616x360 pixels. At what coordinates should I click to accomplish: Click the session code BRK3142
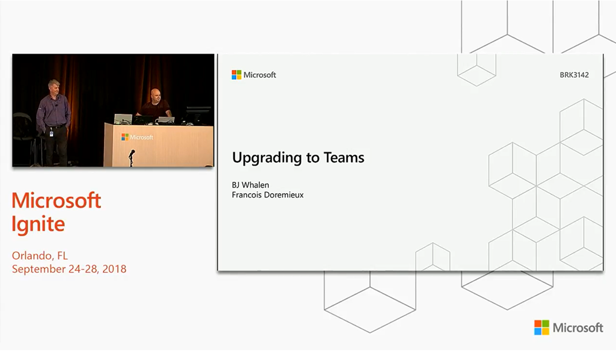tap(574, 75)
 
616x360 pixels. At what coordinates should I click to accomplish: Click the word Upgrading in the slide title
tap(268, 158)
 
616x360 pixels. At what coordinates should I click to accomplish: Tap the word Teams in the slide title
tap(343, 157)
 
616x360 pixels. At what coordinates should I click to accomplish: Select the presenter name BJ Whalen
tap(250, 185)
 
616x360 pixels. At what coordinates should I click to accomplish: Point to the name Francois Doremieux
tap(268, 194)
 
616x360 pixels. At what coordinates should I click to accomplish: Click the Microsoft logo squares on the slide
tap(236, 75)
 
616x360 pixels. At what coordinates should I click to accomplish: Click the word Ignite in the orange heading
tap(38, 224)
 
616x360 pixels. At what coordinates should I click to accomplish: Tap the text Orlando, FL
tap(40, 256)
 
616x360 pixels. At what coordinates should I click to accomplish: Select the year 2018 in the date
tap(114, 269)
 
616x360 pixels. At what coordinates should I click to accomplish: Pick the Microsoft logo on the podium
tap(137, 137)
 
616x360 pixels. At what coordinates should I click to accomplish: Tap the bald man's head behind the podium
tap(156, 96)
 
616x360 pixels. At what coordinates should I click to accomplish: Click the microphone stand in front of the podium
tap(132, 158)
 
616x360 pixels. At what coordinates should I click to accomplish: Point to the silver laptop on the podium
tap(123, 119)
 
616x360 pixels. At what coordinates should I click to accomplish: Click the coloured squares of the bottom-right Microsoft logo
tap(542, 327)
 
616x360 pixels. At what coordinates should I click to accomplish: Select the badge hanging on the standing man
tap(52, 133)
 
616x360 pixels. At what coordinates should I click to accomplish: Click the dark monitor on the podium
tap(198, 116)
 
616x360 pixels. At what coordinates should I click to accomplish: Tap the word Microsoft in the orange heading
tap(56, 200)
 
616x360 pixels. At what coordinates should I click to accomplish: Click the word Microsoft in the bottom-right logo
tap(578, 327)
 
